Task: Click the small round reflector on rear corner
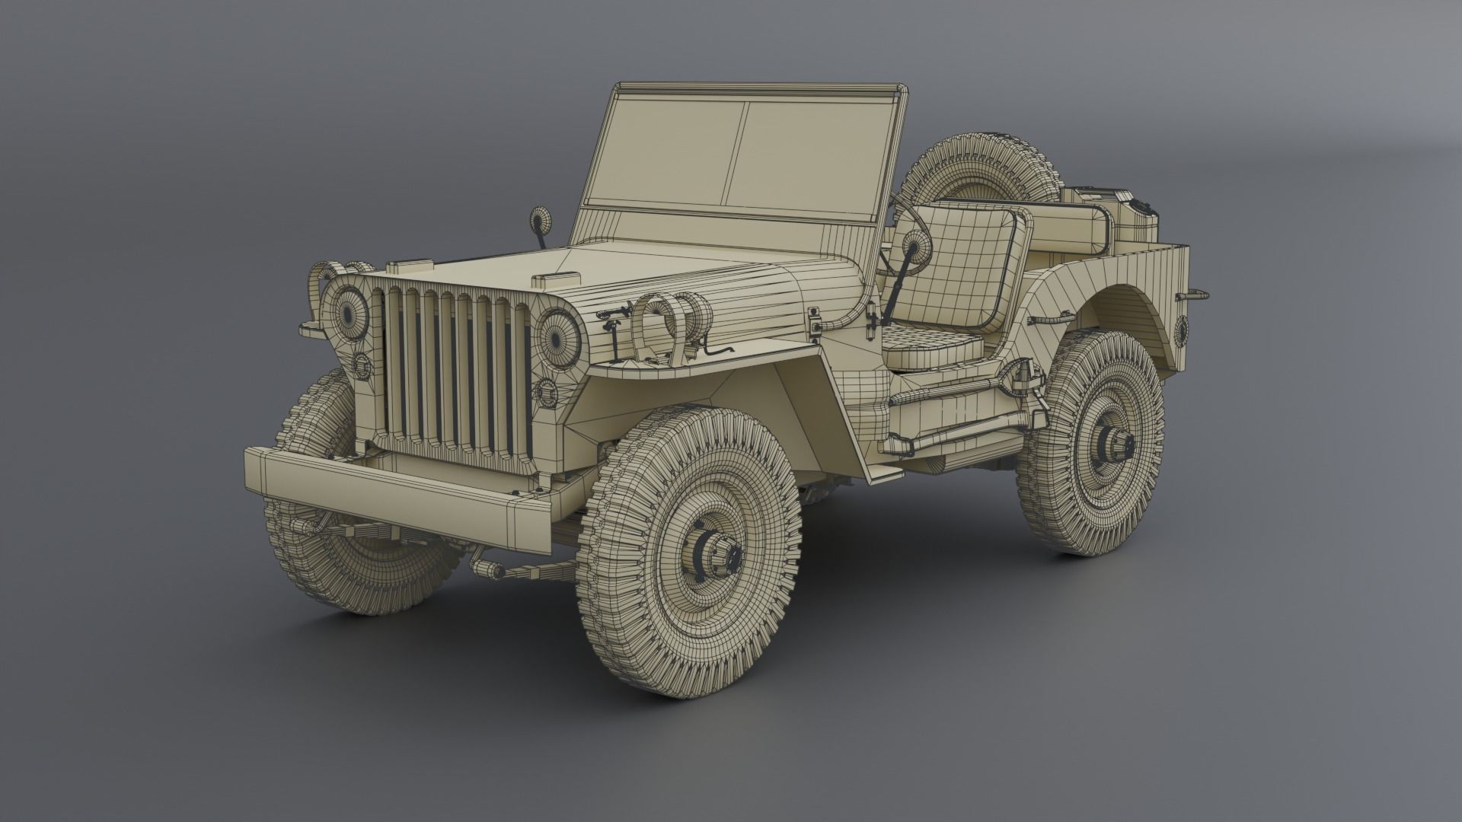tap(1181, 329)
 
